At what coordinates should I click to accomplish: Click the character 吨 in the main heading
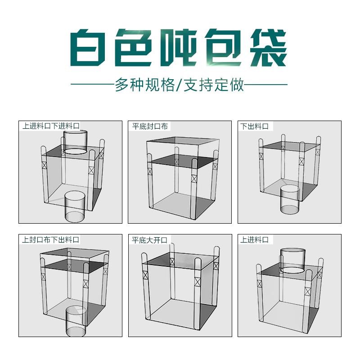[179, 48]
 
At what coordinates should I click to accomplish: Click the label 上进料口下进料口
[50, 126]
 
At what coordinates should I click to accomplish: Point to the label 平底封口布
[150, 126]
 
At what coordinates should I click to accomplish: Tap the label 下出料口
[255, 126]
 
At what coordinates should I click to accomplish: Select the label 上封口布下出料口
[50, 240]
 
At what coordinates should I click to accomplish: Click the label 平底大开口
[150, 240]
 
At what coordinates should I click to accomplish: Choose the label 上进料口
[255, 240]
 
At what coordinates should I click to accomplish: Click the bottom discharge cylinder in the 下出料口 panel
[289, 199]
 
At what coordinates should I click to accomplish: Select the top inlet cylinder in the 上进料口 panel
[293, 260]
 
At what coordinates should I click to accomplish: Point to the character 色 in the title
[134, 48]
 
